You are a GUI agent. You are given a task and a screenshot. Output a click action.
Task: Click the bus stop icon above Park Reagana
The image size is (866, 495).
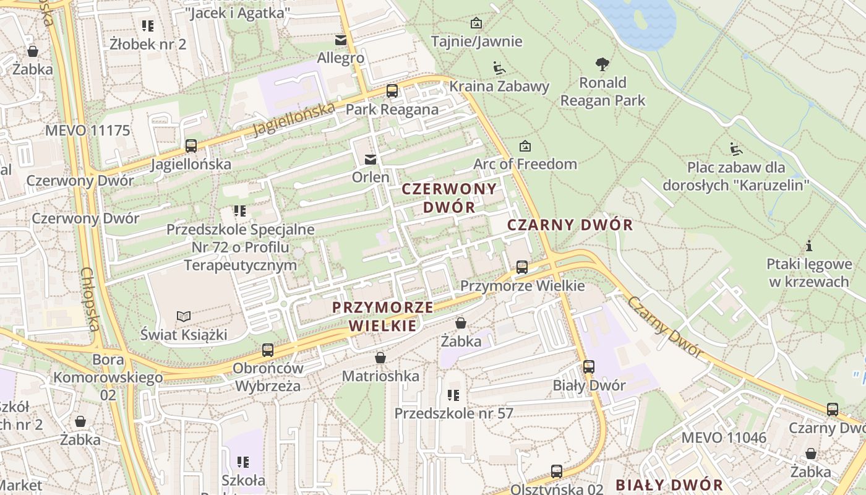point(392,91)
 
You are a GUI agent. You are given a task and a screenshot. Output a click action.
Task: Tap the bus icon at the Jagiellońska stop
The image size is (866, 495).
point(191,146)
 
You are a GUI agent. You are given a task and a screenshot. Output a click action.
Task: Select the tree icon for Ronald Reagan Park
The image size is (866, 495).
point(602,64)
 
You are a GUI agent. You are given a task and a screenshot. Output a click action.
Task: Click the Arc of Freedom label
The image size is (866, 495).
point(525,164)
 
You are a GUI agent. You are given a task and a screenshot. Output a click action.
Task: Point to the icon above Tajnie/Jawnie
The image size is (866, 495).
point(476,24)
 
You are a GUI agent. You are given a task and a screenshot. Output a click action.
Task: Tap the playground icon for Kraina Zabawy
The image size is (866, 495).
point(499,67)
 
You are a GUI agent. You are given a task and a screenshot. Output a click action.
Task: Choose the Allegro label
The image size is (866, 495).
point(340,58)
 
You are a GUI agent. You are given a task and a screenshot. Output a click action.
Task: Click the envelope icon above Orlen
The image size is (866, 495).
point(370,160)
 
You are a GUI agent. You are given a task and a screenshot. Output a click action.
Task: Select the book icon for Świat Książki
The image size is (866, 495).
point(184,317)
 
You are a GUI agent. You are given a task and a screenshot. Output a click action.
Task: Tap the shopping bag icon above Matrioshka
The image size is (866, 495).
point(380,358)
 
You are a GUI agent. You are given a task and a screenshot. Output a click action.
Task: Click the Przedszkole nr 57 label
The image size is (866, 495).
point(453,413)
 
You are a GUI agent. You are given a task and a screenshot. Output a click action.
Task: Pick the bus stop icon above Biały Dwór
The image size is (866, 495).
point(589,367)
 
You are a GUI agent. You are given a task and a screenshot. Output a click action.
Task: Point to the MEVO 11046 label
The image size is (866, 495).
point(723,438)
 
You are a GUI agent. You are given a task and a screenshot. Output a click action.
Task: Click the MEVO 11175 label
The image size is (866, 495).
point(87,131)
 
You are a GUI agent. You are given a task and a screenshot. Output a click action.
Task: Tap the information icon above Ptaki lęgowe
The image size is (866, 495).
point(808,246)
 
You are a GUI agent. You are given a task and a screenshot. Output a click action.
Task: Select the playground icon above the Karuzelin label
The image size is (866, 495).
point(735,149)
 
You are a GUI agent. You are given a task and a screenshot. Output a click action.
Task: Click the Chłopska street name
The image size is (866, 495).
point(90,299)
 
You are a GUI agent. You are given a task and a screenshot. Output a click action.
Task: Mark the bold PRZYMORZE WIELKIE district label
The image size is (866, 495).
point(382,316)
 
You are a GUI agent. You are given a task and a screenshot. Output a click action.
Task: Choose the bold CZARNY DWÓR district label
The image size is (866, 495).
point(570,225)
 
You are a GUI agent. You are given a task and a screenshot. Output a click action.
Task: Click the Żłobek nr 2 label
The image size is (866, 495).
point(148,44)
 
